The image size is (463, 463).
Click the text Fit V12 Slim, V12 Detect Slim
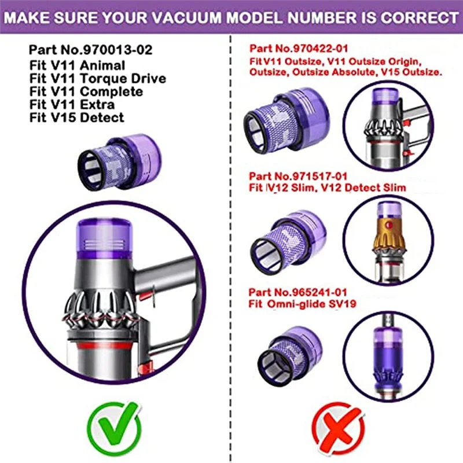click(328, 188)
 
